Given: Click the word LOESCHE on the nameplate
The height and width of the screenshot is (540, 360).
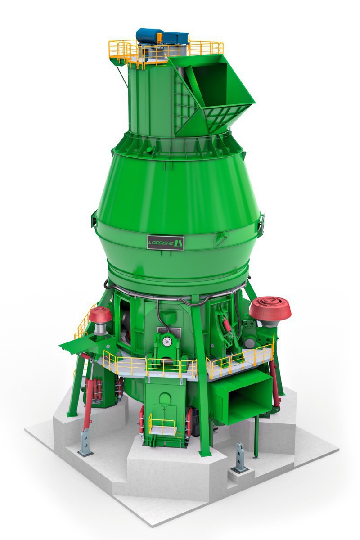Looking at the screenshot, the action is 161,243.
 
